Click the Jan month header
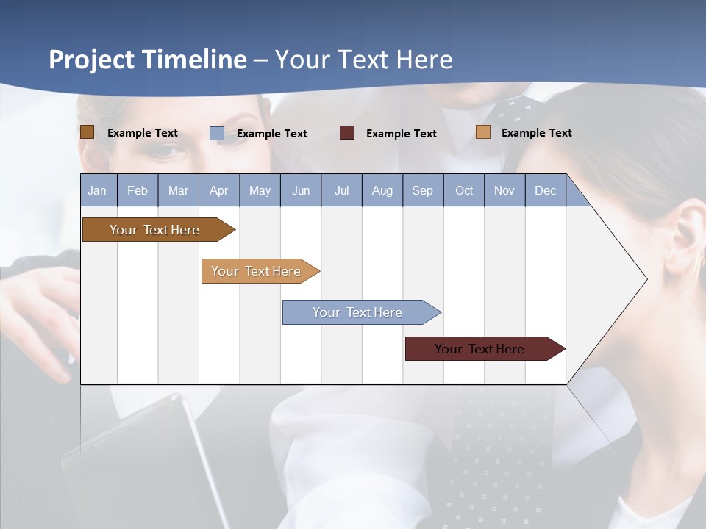pyautogui.click(x=98, y=190)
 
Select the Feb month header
pyautogui.click(x=138, y=190)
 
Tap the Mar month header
pyautogui.click(x=178, y=190)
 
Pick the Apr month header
pyautogui.click(x=218, y=190)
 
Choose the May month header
pyautogui.click(x=260, y=190)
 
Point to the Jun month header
pyautogui.click(x=301, y=190)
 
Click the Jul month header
pyautogui.click(x=341, y=190)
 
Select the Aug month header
pyautogui.click(x=382, y=190)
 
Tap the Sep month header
pyautogui.click(x=422, y=190)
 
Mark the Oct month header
pyautogui.click(x=464, y=190)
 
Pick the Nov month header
pyautogui.click(x=504, y=190)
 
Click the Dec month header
pyautogui.click(x=545, y=190)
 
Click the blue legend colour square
pyautogui.click(x=217, y=133)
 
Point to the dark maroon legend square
pyautogui.click(x=347, y=133)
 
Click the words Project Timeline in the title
pyautogui.click(x=148, y=60)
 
